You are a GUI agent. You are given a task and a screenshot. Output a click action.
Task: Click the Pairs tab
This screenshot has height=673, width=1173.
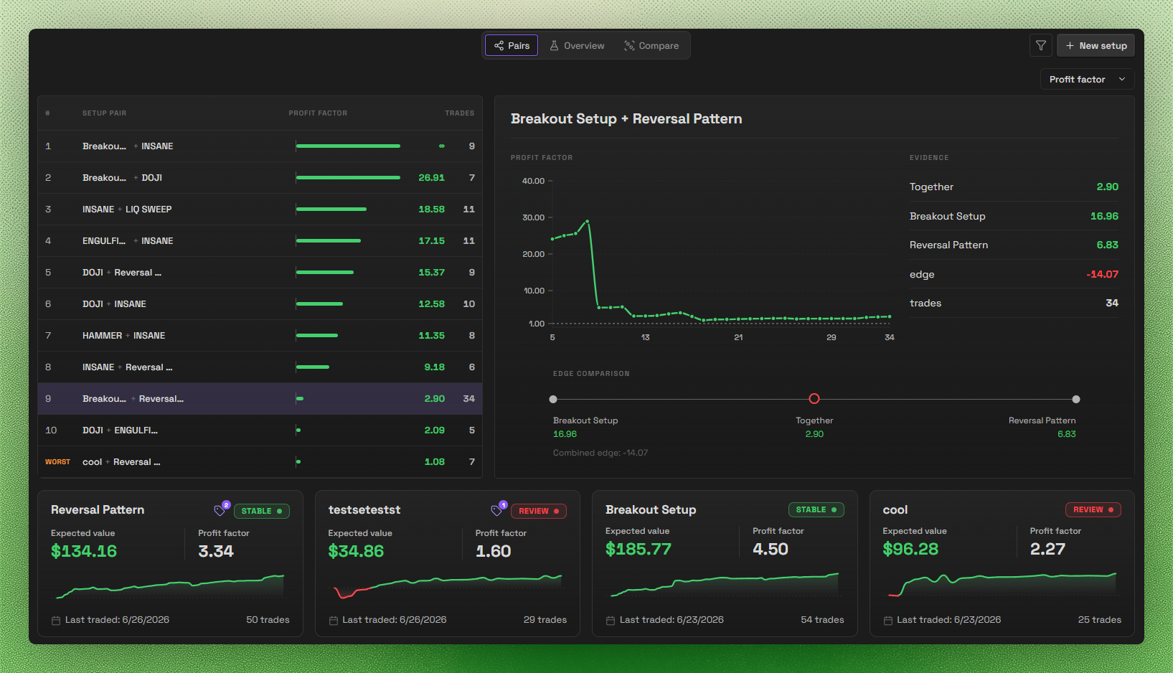(x=512, y=46)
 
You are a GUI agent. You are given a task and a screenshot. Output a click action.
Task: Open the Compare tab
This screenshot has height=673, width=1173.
(x=651, y=46)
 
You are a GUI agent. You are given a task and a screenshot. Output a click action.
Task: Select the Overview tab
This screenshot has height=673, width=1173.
(x=577, y=46)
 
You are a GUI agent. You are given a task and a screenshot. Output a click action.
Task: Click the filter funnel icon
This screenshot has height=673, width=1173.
(x=1040, y=46)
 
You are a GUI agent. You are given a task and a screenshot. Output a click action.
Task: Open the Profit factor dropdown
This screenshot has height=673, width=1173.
(x=1087, y=79)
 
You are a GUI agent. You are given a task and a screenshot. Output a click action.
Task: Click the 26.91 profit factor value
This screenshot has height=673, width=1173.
(x=431, y=177)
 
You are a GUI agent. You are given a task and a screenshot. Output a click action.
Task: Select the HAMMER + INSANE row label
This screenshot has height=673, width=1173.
(x=123, y=335)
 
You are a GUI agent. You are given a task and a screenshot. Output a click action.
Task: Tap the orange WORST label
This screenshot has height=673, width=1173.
(x=57, y=462)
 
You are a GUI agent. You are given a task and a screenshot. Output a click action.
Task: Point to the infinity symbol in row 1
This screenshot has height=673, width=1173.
(x=441, y=146)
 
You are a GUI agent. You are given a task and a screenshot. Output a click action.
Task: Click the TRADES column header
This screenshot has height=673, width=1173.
(x=460, y=113)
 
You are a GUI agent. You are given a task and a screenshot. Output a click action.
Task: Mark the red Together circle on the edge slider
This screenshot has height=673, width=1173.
(x=814, y=399)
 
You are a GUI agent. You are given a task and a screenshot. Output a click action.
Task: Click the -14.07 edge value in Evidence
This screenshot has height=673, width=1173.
(x=1102, y=274)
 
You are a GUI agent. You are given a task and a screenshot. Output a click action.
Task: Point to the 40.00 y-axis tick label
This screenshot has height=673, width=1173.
(x=533, y=181)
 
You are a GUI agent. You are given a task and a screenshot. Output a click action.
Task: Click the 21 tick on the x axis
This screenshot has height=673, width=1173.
(x=738, y=337)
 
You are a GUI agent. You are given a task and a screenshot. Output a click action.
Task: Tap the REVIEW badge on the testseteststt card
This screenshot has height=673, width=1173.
(x=538, y=511)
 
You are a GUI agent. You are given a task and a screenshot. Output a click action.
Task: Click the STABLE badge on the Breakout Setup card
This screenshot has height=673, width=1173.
(x=816, y=509)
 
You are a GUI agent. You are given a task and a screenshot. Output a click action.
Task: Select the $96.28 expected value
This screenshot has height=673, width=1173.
(x=910, y=549)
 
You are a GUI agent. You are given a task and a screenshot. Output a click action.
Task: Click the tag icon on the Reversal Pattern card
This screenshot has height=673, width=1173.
(x=220, y=510)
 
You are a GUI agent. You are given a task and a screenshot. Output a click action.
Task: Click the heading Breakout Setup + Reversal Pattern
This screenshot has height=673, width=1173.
(x=626, y=119)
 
